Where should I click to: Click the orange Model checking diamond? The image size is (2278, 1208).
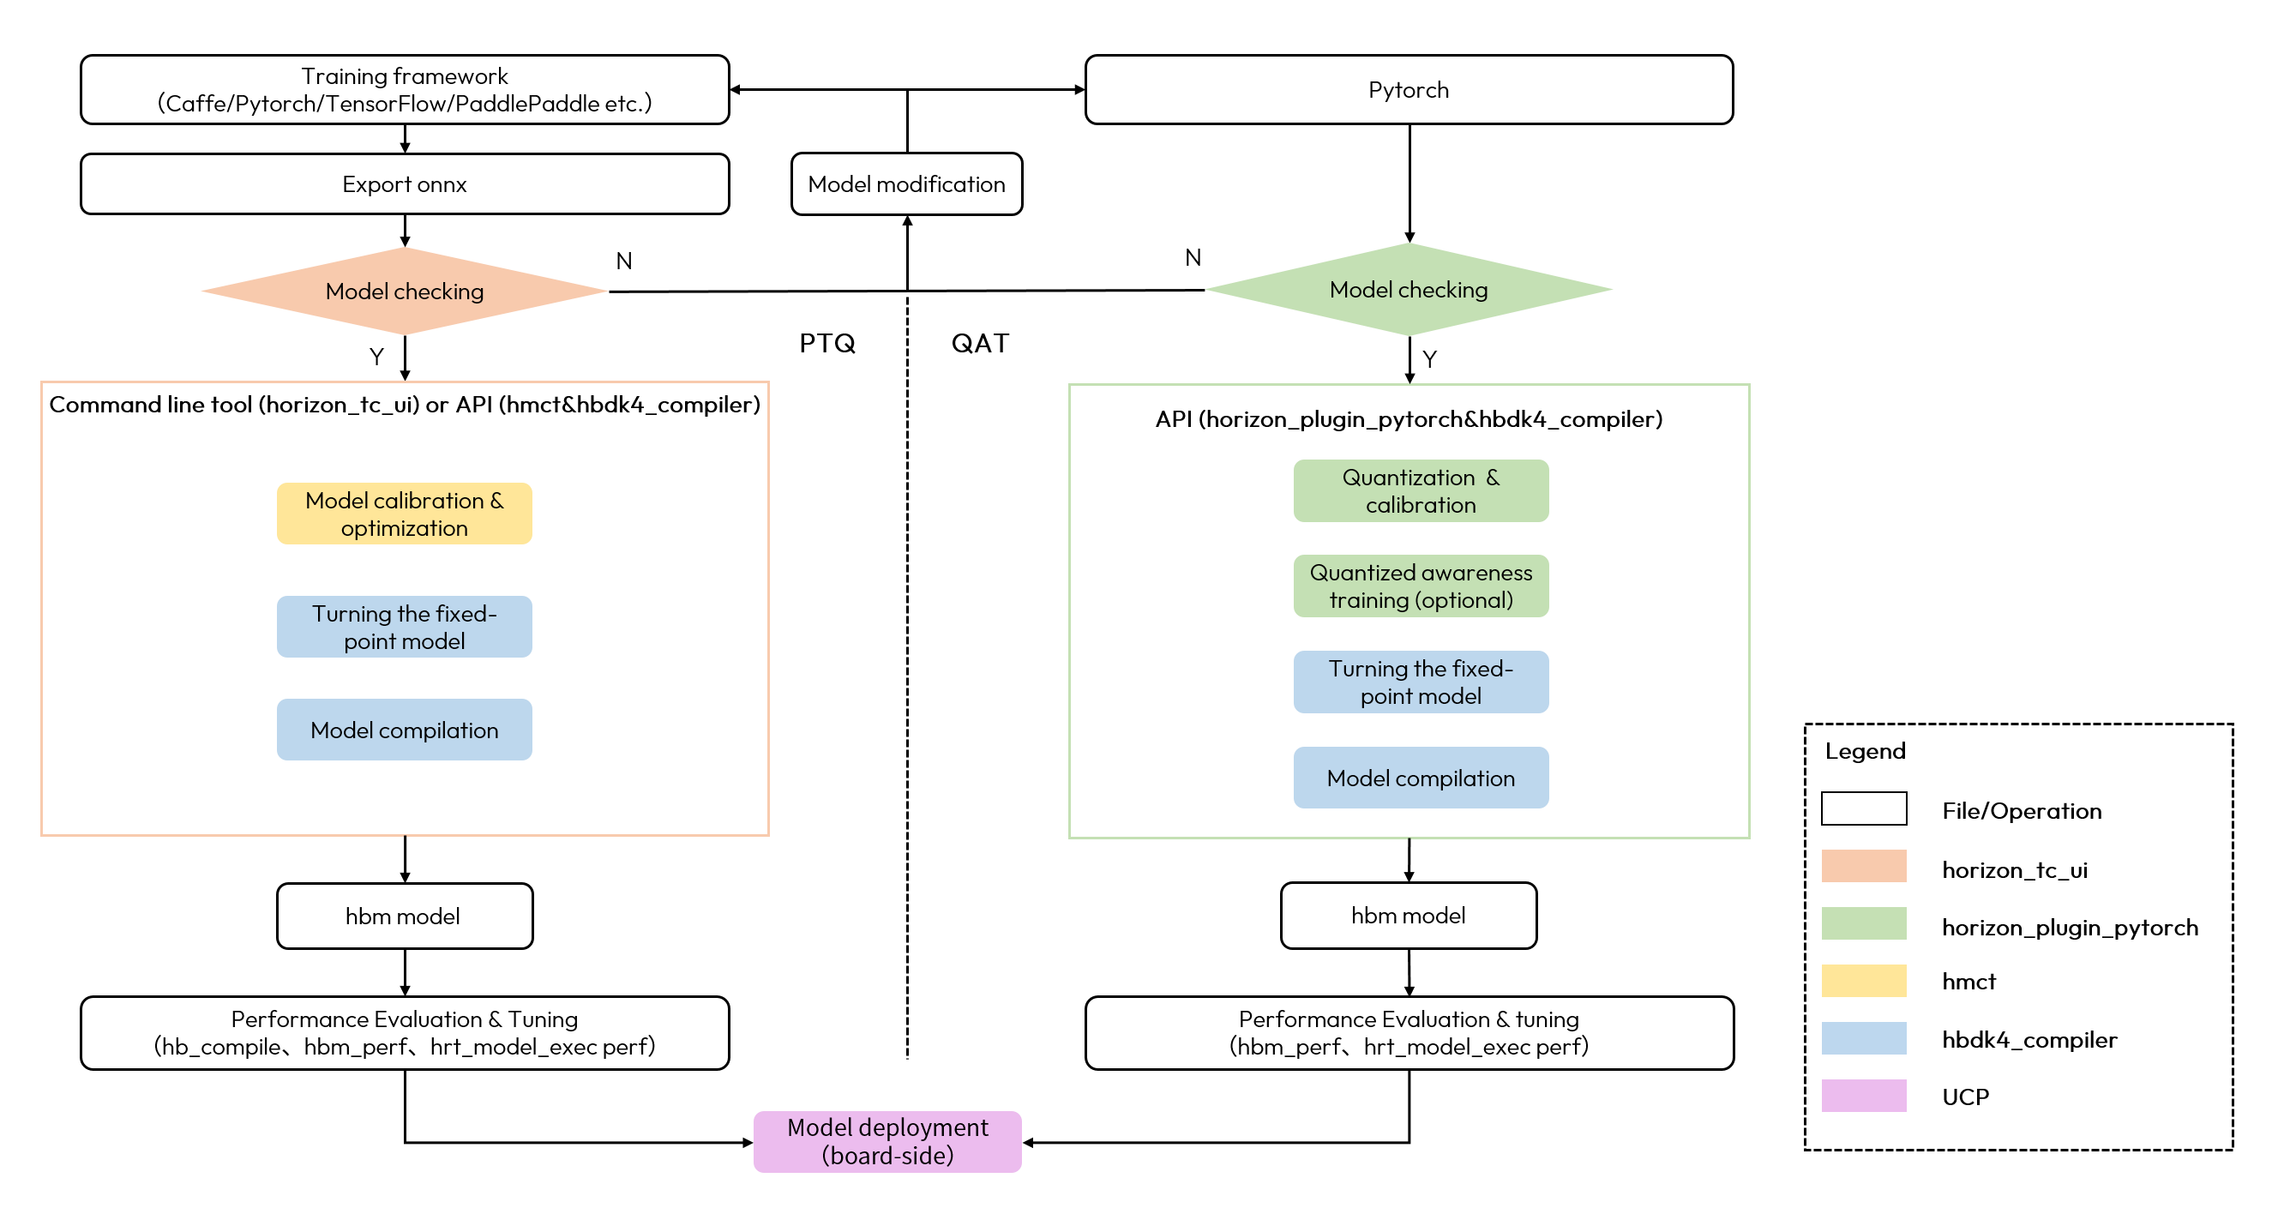click(x=404, y=291)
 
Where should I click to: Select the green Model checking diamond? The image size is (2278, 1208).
click(x=1409, y=289)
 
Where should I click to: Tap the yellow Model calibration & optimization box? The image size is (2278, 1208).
click(x=404, y=514)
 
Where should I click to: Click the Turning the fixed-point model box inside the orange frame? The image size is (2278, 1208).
click(x=404, y=627)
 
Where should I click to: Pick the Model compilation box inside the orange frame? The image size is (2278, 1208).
click(x=404, y=730)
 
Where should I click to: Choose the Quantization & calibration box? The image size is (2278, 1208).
click(x=1420, y=490)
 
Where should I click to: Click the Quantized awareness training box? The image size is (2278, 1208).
click(x=1420, y=586)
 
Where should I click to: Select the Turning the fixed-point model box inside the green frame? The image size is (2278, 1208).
click(x=1420, y=682)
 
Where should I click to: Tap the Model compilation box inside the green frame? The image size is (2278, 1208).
click(x=1420, y=778)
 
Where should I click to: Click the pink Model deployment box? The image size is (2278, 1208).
click(x=887, y=1142)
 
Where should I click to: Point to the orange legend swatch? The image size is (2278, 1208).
click(x=1863, y=866)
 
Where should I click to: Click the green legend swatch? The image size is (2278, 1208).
click(x=1863, y=923)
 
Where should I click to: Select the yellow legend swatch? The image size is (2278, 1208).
click(x=1863, y=981)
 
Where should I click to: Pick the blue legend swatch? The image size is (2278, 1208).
click(x=1863, y=1038)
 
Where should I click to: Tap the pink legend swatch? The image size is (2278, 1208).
click(x=1863, y=1096)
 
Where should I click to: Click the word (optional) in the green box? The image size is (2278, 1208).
click(x=1464, y=600)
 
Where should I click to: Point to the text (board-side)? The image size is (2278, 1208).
click(x=887, y=1156)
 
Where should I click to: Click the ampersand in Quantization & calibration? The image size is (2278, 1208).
click(x=1493, y=478)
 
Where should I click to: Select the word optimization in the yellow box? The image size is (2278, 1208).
click(x=404, y=529)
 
